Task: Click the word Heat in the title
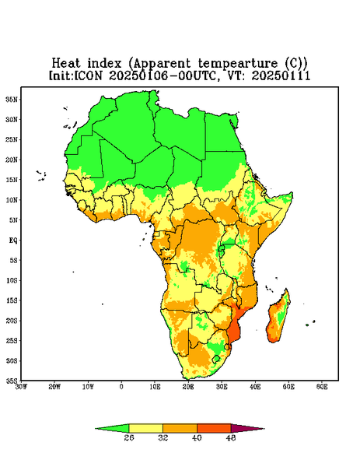(x=66, y=64)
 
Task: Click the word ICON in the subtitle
(x=88, y=75)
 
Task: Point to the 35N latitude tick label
(x=12, y=99)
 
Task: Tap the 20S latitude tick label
(x=12, y=321)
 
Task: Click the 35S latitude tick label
(x=12, y=381)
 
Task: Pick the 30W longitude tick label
(x=21, y=387)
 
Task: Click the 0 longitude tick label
(x=121, y=387)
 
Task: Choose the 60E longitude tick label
(x=322, y=387)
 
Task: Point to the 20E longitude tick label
(x=188, y=387)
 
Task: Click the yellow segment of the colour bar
(x=145, y=428)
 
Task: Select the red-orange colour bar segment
(x=214, y=428)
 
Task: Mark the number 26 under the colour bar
(x=129, y=437)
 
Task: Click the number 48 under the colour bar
(x=231, y=437)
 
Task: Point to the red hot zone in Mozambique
(x=235, y=329)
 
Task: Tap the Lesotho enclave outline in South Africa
(x=216, y=359)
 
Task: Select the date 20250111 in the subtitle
(x=281, y=75)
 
